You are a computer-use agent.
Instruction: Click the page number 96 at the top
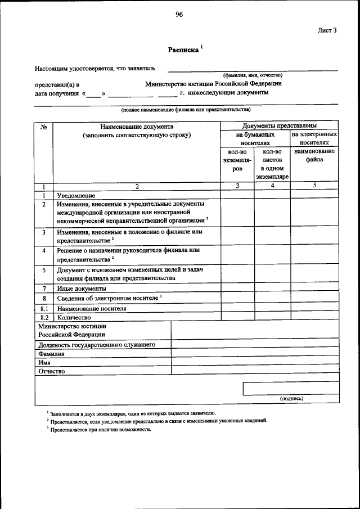click(x=179, y=15)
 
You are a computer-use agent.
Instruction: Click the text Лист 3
click(x=327, y=31)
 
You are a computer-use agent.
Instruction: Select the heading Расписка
click(x=184, y=50)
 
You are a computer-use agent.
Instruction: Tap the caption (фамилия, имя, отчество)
click(x=253, y=75)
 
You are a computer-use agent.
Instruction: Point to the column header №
click(x=44, y=127)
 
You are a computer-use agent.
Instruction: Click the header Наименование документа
click(x=137, y=127)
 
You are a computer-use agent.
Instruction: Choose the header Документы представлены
click(x=279, y=125)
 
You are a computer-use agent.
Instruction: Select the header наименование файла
click(x=314, y=155)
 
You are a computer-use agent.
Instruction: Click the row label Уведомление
click(x=75, y=195)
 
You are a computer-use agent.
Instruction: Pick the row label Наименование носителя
click(x=91, y=309)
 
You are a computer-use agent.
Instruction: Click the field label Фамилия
click(x=51, y=354)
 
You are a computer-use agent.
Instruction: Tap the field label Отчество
click(x=52, y=372)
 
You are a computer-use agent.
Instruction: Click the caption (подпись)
click(x=291, y=399)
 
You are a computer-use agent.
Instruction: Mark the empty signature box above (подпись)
click(x=290, y=389)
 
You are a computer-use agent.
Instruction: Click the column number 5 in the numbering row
click(x=314, y=186)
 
